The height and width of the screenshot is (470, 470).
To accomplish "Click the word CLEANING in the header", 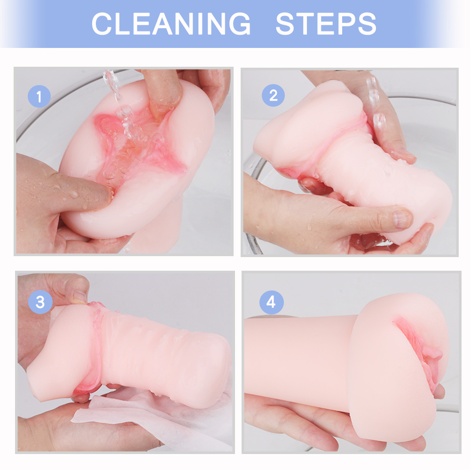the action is (171, 24).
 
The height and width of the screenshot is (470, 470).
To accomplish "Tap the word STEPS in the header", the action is (326, 24).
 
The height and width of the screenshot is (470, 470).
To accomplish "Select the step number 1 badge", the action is (39, 96).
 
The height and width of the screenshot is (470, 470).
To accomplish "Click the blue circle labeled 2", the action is (273, 95).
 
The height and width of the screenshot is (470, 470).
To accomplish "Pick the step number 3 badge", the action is (40, 302).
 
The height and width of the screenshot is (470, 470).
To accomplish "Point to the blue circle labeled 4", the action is (271, 302).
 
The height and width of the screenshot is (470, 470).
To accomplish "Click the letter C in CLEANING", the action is (102, 24).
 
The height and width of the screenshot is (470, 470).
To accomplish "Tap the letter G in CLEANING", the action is (240, 24).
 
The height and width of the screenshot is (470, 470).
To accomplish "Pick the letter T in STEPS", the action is (305, 24).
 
